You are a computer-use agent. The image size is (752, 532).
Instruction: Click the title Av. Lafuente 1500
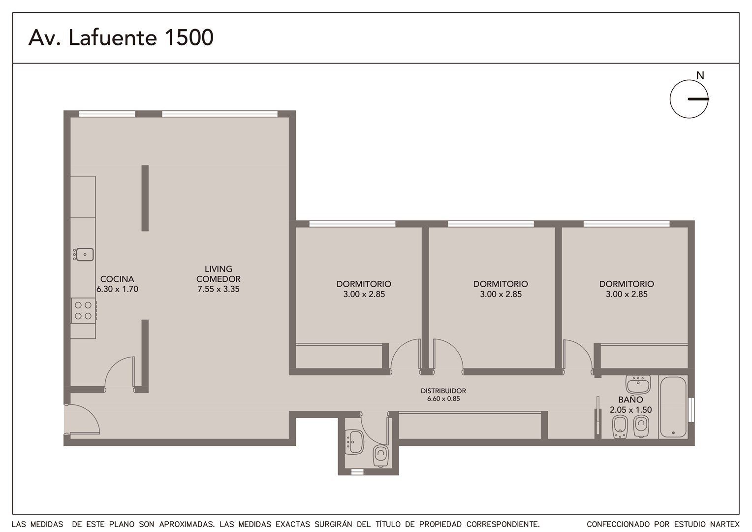point(121,37)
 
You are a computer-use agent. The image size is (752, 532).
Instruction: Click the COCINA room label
point(117,279)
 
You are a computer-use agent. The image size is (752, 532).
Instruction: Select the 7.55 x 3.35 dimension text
point(218,289)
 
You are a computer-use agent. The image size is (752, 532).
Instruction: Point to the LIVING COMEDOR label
point(219,274)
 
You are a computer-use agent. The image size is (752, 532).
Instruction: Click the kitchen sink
point(84,254)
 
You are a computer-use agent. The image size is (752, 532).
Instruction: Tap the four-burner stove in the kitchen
point(84,310)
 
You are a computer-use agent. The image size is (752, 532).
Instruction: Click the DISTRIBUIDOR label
point(443,391)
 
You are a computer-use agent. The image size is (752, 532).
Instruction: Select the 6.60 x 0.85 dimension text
point(443,399)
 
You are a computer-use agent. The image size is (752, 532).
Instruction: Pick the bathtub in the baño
point(673,407)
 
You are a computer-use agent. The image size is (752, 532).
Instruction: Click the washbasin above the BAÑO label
point(638,384)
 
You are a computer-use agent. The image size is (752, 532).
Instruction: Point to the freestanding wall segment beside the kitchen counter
point(145,198)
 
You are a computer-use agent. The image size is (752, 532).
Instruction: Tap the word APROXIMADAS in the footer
point(187,524)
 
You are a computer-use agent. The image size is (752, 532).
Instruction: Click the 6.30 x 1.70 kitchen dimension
point(117,289)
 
